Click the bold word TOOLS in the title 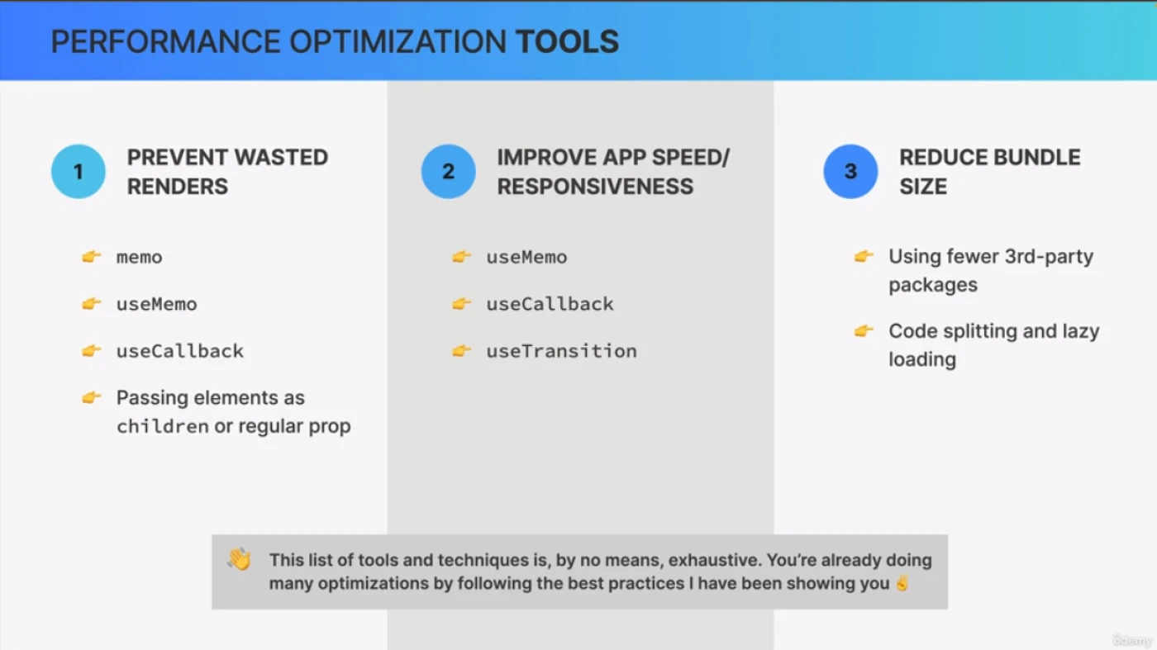coord(567,42)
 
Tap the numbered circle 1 coord(78,172)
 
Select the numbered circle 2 coord(448,172)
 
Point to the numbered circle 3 coord(850,172)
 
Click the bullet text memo coord(139,257)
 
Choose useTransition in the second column coord(561,351)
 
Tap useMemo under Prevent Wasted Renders coord(156,304)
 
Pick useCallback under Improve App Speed coord(550,304)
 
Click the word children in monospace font coord(162,426)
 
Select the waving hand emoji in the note coord(239,558)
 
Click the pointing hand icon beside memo coord(92,256)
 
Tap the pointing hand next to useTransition coord(461,350)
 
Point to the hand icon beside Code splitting coord(864,330)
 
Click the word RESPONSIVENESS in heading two coord(595,187)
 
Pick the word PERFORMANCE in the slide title coord(166,42)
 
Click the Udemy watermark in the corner coord(1131,640)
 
